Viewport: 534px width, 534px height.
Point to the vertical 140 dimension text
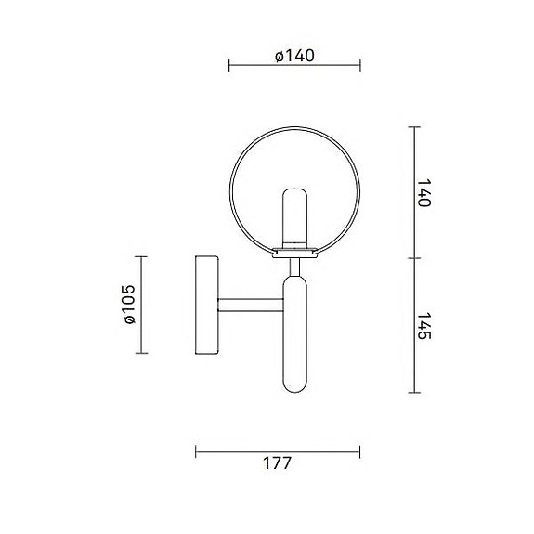(423, 192)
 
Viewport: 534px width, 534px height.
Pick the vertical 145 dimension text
(423, 324)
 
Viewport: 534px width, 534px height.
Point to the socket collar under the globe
(295, 249)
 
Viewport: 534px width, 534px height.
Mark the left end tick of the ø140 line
(229, 67)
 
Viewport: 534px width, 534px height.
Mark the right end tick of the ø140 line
(361, 67)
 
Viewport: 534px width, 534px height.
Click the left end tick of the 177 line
(196, 451)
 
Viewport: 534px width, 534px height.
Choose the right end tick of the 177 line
(361, 451)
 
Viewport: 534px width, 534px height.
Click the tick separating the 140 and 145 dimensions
(412, 257)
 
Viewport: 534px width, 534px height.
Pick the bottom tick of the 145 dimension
(412, 392)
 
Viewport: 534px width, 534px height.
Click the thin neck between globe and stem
(295, 267)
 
